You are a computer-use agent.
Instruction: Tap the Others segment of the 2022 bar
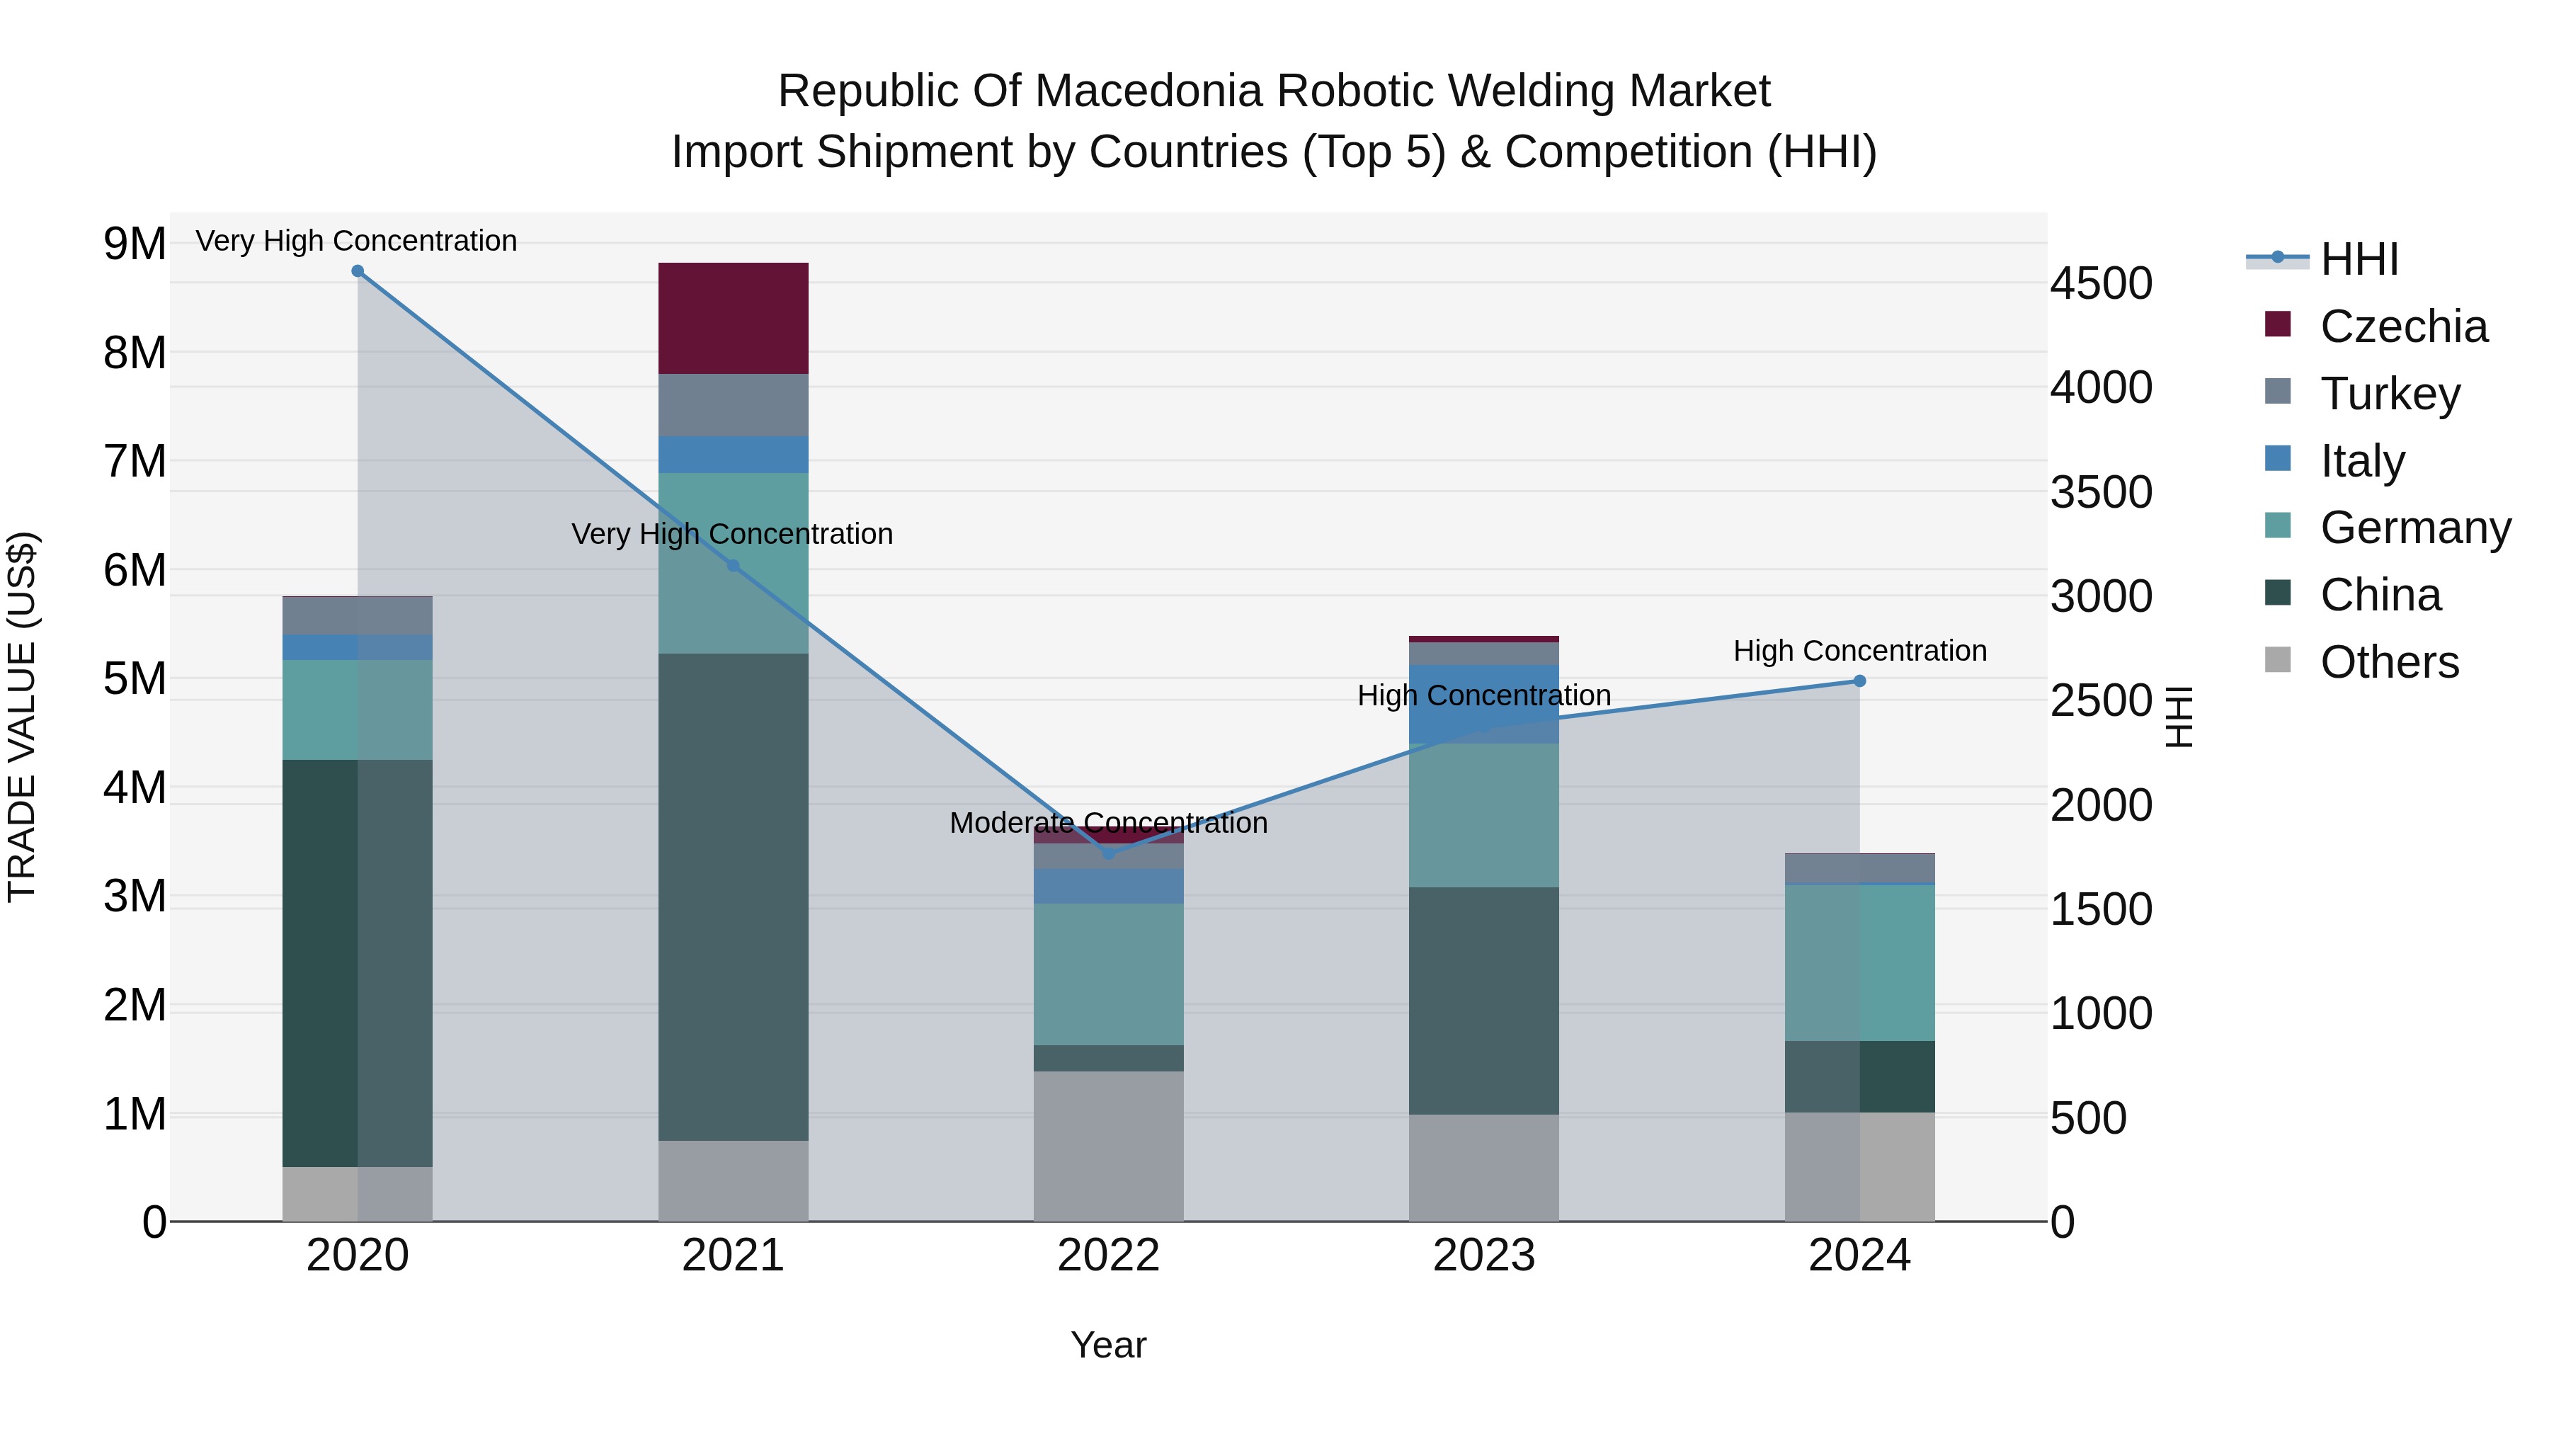[x=1108, y=1145]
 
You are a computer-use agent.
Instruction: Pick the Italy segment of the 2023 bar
[x=1483, y=704]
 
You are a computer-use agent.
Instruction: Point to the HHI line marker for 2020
[x=358, y=271]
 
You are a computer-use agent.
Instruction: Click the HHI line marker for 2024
[x=1859, y=681]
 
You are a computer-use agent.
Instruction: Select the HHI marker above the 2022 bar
[x=1108, y=853]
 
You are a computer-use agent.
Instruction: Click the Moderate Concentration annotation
[x=1108, y=824]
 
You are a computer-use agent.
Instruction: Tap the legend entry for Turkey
[x=2389, y=393]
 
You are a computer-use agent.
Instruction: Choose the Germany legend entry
[x=2414, y=528]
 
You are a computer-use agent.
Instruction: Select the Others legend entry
[x=2389, y=662]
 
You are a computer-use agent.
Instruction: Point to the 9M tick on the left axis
[x=135, y=244]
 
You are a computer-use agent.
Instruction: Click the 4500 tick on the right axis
[x=2101, y=283]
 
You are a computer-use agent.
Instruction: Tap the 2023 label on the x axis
[x=1483, y=1256]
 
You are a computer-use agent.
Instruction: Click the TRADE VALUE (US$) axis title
[x=23, y=717]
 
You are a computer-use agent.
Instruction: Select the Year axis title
[x=1108, y=1345]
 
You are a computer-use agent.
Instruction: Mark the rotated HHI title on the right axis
[x=2179, y=717]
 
